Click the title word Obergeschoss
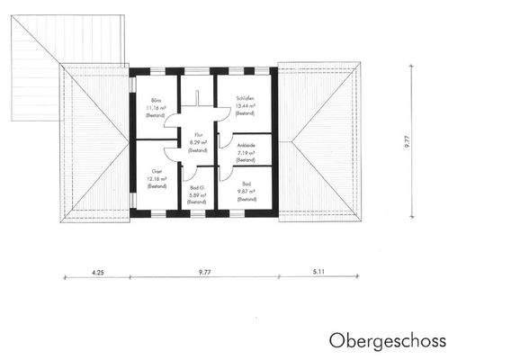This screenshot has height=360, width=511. (387, 341)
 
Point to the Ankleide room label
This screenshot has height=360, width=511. (246, 144)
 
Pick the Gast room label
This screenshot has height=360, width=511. (156, 171)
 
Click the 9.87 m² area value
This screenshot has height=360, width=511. (246, 190)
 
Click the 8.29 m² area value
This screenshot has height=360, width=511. (198, 142)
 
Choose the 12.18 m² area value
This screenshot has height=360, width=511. (157, 178)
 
